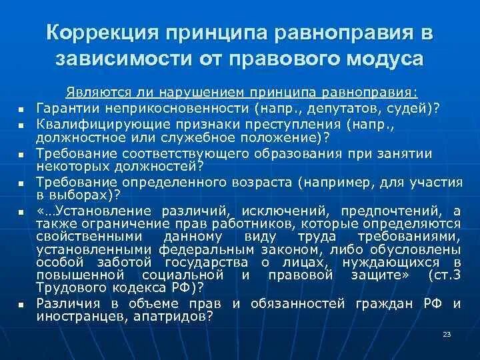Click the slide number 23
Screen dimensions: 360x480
447,334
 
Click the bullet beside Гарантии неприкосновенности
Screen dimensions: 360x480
21,109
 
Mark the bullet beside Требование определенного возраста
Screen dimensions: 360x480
21,183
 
